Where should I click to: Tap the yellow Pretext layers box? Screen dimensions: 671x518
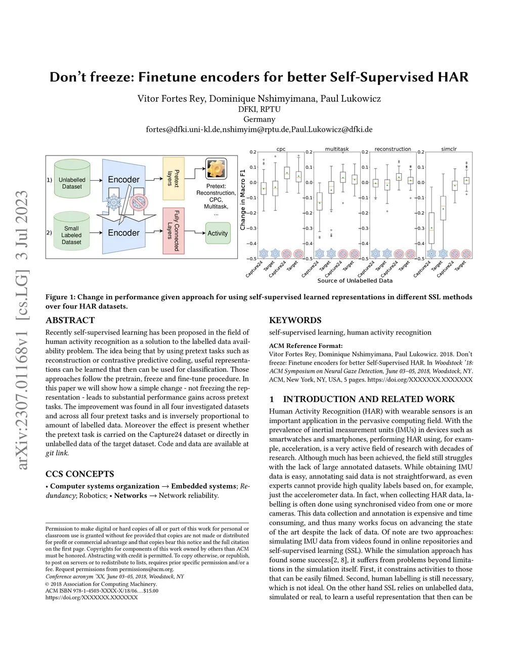click(174, 178)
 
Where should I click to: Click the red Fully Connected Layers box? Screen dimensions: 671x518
click(174, 230)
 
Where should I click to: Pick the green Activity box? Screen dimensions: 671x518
click(218, 233)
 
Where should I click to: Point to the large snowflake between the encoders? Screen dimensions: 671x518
click(114, 203)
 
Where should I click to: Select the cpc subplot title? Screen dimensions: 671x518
click(281, 149)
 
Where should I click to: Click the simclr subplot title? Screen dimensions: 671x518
click(449, 149)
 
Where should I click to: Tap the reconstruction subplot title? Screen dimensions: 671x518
click(393, 149)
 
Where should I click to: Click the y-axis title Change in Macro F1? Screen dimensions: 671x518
click(243, 200)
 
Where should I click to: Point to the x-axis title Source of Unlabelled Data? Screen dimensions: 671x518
click(355, 281)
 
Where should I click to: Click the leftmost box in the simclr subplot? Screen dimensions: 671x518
click(431, 228)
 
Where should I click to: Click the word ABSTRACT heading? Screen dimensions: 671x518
click(70, 320)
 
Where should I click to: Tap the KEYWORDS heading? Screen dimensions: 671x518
click(295, 320)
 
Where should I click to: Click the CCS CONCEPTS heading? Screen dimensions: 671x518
click(79, 474)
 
